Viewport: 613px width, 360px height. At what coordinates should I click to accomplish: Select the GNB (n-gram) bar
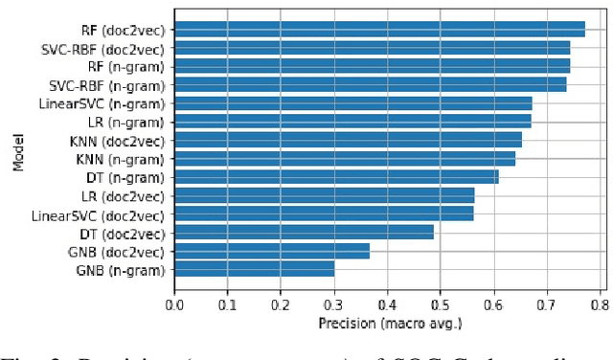click(255, 270)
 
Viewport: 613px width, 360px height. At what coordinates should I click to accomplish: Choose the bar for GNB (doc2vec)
click(272, 252)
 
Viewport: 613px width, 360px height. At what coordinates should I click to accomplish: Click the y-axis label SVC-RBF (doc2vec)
click(102, 48)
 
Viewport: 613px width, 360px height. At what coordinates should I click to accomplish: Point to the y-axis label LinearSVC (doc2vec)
click(98, 214)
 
